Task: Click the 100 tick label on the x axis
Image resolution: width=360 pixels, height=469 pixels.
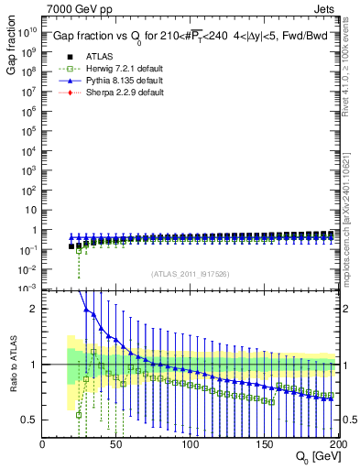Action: (190, 444)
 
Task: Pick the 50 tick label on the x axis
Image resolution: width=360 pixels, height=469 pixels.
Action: (116, 444)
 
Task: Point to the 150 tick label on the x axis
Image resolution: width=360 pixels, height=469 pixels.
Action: (263, 444)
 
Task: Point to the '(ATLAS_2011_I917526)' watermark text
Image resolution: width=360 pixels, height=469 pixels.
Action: (190, 274)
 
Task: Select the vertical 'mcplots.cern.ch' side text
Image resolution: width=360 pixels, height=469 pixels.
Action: (353, 211)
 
